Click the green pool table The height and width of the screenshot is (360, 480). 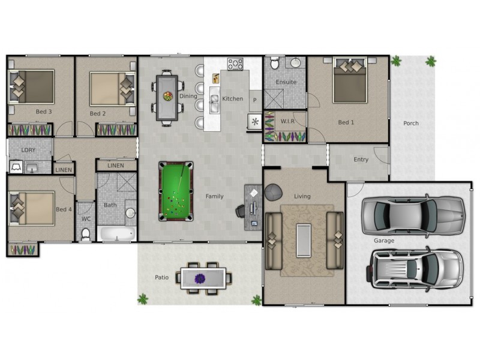[176, 190]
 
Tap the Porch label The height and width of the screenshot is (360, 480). [411, 124]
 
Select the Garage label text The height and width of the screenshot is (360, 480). [384, 241]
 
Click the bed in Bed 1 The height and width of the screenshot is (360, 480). [350, 80]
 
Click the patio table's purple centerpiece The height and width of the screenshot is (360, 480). [200, 278]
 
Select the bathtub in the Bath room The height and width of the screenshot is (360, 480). [116, 233]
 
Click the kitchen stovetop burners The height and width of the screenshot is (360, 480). [235, 63]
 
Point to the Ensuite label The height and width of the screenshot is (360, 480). [286, 82]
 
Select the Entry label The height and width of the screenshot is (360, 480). [361, 160]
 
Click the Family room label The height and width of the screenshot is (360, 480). [214, 196]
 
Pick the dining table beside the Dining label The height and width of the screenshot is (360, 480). [167, 95]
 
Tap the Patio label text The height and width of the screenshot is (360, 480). [161, 277]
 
